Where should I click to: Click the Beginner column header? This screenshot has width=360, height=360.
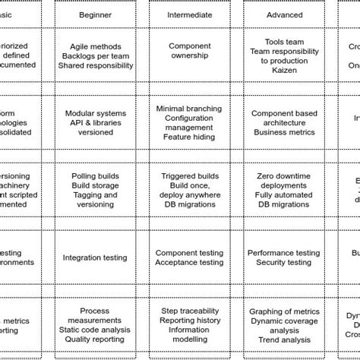coord(95,14)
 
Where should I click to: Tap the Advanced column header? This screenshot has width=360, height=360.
coord(285,14)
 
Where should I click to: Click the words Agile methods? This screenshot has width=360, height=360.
coord(95,46)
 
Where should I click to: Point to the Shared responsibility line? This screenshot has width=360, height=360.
coord(95,65)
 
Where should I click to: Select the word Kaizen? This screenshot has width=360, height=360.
coord(285,70)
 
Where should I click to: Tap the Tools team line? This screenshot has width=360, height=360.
coord(285,42)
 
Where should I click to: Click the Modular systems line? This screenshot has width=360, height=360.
coord(95,113)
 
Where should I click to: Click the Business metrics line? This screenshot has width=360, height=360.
coord(285,131)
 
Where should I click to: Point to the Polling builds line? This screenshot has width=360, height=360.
coord(95,175)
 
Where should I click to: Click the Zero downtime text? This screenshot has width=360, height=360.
coord(285,175)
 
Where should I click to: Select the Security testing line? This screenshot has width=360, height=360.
coord(285,263)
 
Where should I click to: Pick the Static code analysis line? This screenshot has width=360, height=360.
coord(95,330)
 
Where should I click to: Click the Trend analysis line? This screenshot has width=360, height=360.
coord(285,340)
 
